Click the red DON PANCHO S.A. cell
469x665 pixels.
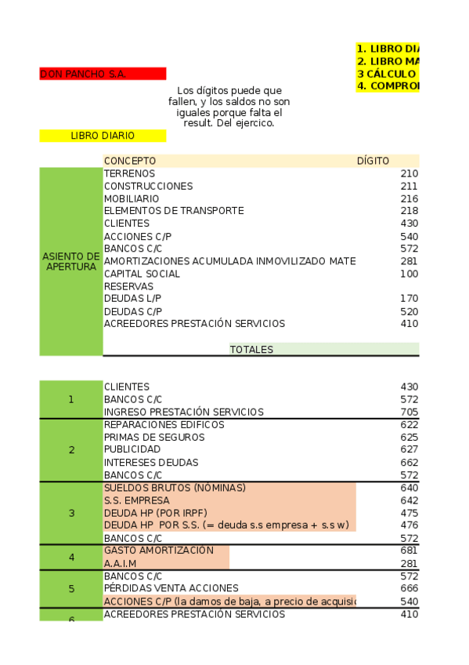coord(103,74)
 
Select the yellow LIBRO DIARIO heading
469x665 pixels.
coord(103,136)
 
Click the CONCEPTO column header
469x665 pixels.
coord(130,161)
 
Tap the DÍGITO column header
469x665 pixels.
coord(373,161)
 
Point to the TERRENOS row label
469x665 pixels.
coord(129,173)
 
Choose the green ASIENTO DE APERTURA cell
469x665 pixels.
coord(71,261)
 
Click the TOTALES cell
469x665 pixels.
coord(251,350)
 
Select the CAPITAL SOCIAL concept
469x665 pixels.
coord(142,274)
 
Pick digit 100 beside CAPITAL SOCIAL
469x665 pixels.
coord(409,274)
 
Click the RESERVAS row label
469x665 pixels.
coord(128,286)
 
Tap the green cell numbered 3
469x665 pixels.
coord(71,513)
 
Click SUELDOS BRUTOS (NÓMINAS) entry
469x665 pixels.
coord(175,488)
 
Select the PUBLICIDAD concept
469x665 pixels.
coord(132,449)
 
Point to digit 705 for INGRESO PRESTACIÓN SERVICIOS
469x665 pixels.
coord(409,412)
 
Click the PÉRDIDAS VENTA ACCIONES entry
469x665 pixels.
coord(160,588)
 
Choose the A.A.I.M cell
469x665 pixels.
coord(121,563)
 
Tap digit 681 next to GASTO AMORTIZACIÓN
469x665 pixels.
coord(409,551)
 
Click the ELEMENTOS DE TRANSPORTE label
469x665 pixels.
coord(174,210)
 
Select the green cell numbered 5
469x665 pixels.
coord(71,588)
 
